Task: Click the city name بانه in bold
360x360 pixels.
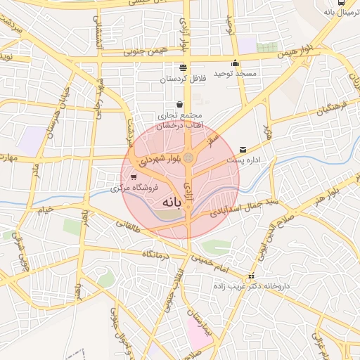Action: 171,202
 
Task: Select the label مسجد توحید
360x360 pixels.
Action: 237,73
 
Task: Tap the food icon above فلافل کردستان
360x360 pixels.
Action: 184,67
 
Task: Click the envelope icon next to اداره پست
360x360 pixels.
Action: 243,149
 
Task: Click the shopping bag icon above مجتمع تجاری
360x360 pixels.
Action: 179,105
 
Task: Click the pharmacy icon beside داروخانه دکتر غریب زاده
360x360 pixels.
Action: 252,276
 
